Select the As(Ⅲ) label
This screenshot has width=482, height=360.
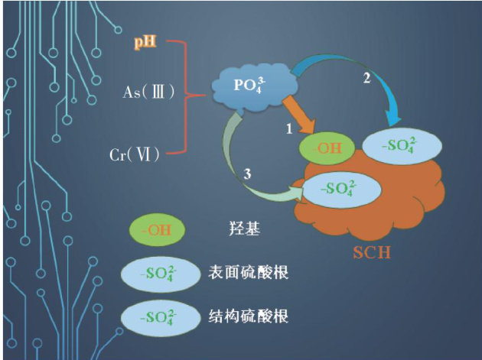(x=150, y=92)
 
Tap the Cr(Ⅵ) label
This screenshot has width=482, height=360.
(x=135, y=155)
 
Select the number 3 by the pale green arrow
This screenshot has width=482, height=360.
(x=247, y=174)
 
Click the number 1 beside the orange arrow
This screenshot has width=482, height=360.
(x=289, y=130)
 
